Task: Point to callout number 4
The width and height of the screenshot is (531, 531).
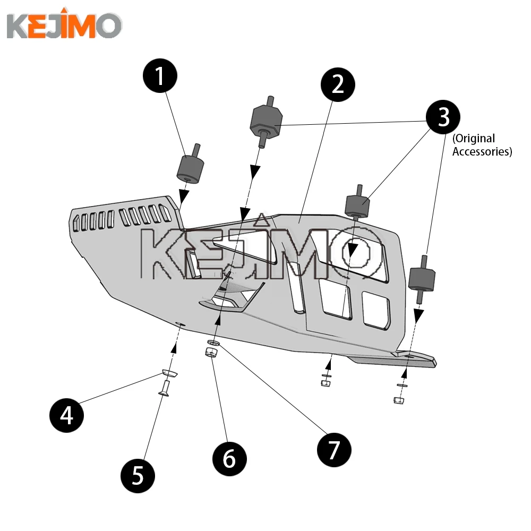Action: (x=67, y=415)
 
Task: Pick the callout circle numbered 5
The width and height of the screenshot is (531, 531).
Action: (x=138, y=474)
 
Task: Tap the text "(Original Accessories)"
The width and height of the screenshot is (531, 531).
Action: (x=481, y=145)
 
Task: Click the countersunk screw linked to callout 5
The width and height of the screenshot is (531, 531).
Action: (x=164, y=389)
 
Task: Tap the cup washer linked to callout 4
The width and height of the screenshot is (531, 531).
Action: (x=169, y=374)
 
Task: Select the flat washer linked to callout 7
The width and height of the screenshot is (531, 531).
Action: (x=213, y=343)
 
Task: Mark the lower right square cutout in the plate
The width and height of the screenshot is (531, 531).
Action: (x=376, y=310)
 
